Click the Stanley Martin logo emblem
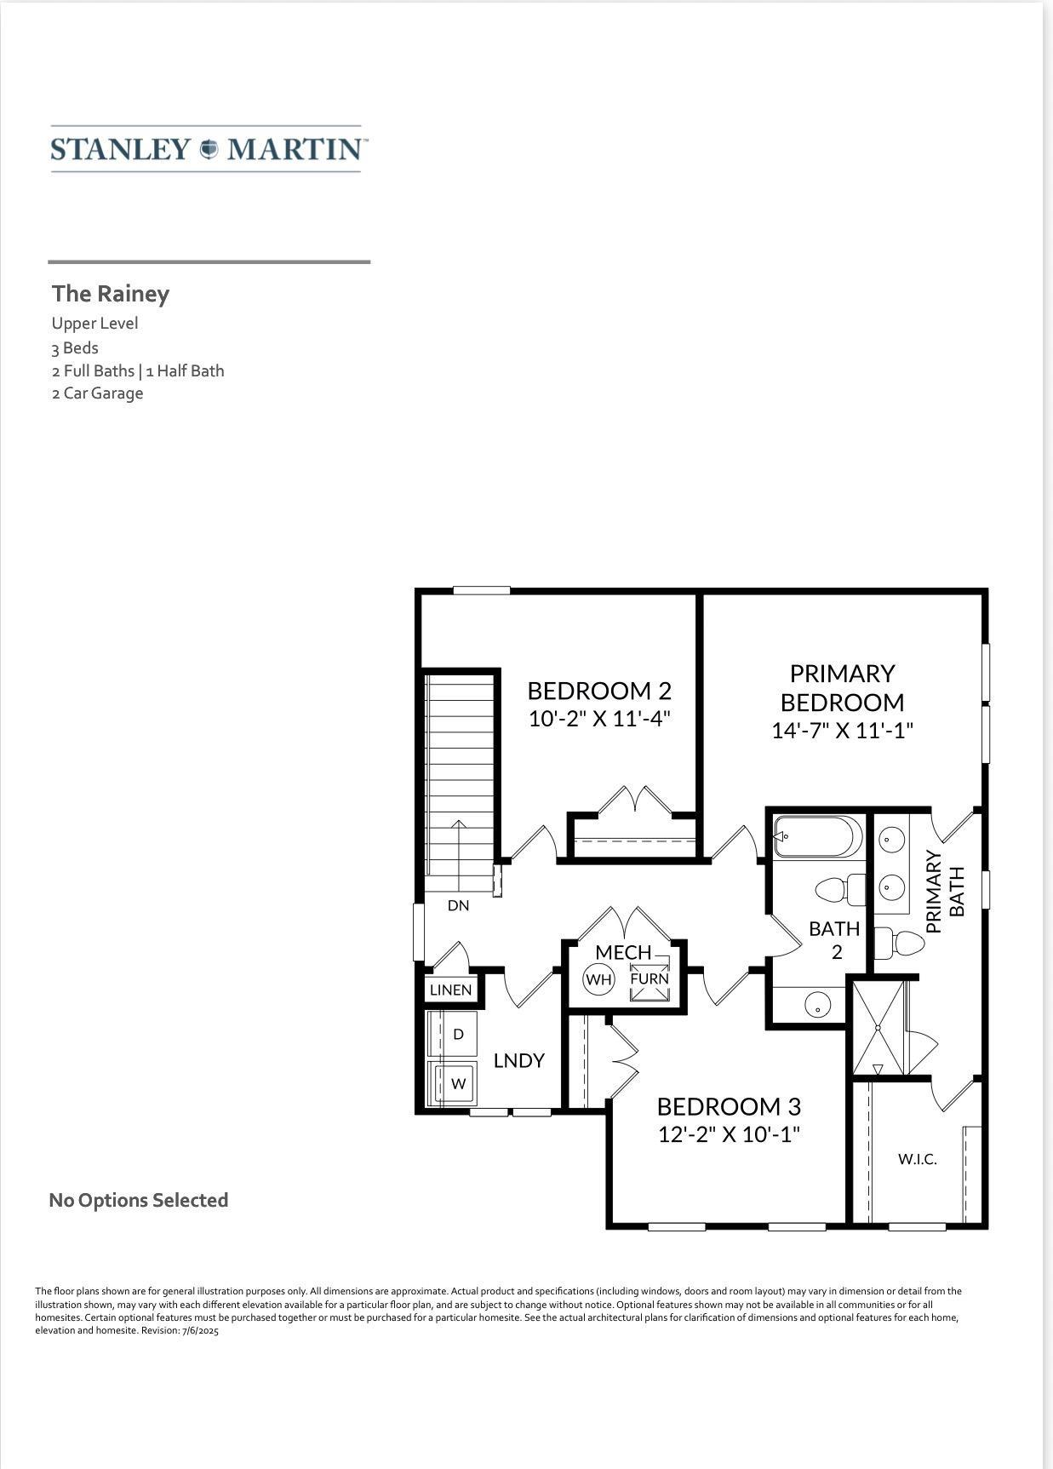click(209, 149)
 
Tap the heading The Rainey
click(111, 294)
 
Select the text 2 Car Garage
click(97, 393)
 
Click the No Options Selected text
click(139, 1200)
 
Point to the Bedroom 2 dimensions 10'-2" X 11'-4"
click(600, 719)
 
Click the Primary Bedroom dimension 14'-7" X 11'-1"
click(842, 731)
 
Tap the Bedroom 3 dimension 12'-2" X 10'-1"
click(730, 1134)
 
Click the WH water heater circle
click(598, 979)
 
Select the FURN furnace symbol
click(650, 978)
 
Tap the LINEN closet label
click(450, 990)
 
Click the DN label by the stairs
click(459, 905)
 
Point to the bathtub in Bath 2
click(817, 837)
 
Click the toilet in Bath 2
click(840, 891)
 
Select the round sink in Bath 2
click(817, 1005)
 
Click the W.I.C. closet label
click(918, 1159)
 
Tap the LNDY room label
click(519, 1061)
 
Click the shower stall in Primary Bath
click(878, 1028)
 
